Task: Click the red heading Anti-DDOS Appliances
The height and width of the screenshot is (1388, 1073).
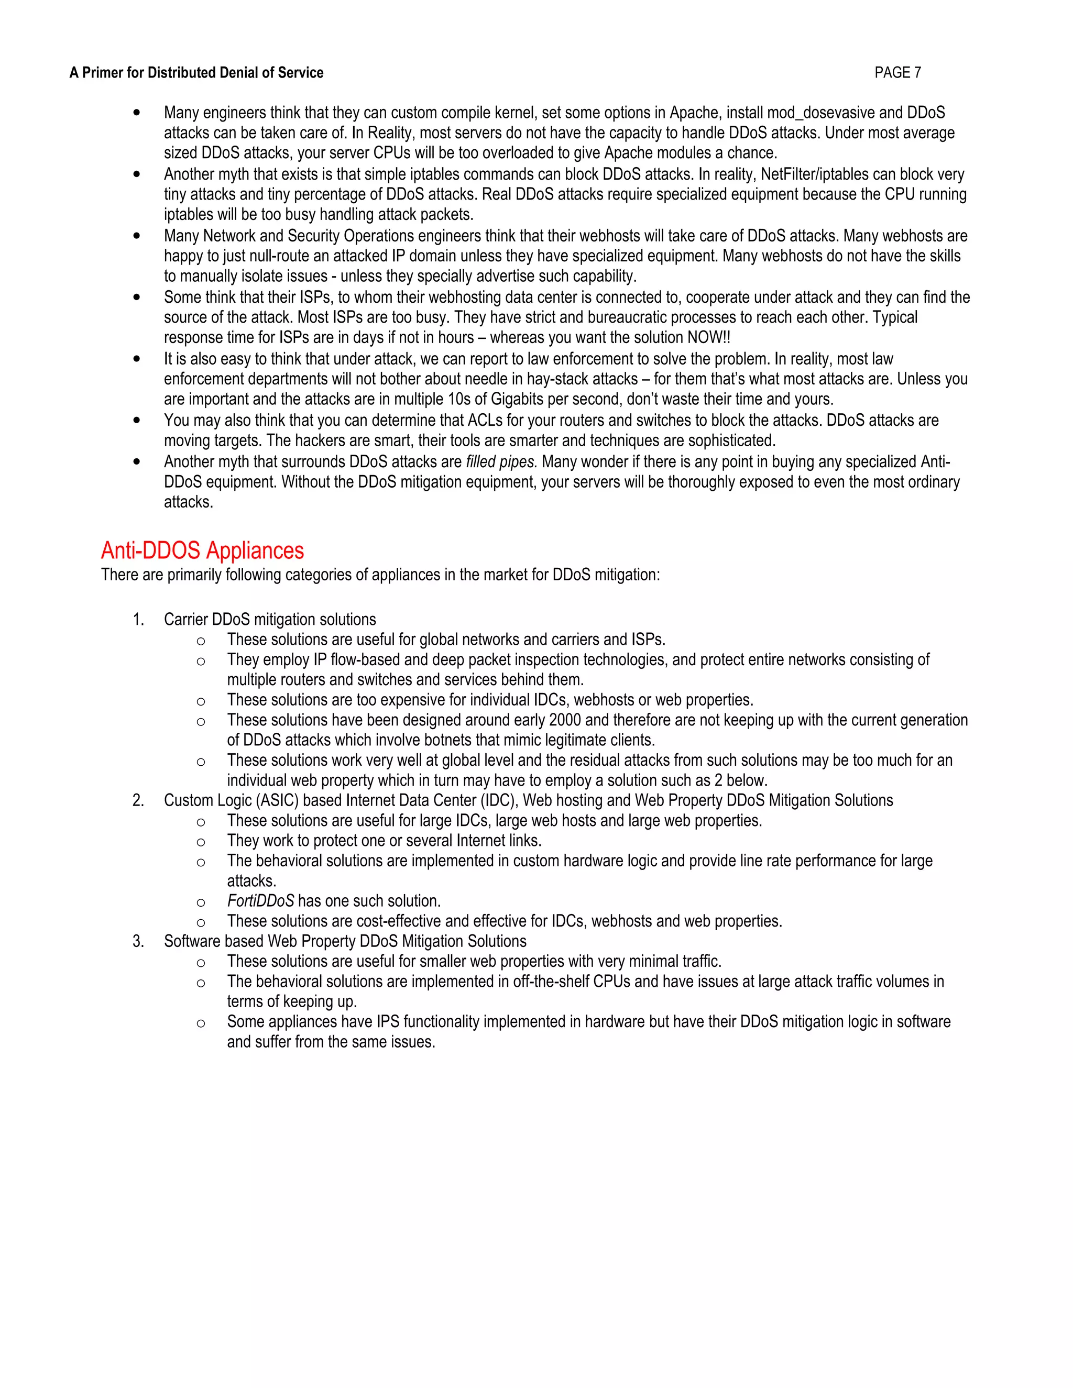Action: (202, 550)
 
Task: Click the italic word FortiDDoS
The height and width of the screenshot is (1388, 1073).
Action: (260, 901)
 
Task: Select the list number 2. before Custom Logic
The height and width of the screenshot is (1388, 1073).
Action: (138, 801)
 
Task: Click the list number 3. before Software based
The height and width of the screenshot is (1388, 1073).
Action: (138, 941)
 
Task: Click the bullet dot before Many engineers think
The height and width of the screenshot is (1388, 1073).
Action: (137, 113)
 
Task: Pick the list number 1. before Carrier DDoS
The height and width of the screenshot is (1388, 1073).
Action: (138, 620)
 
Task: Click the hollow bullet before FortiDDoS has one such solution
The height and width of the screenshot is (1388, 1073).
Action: (201, 902)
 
